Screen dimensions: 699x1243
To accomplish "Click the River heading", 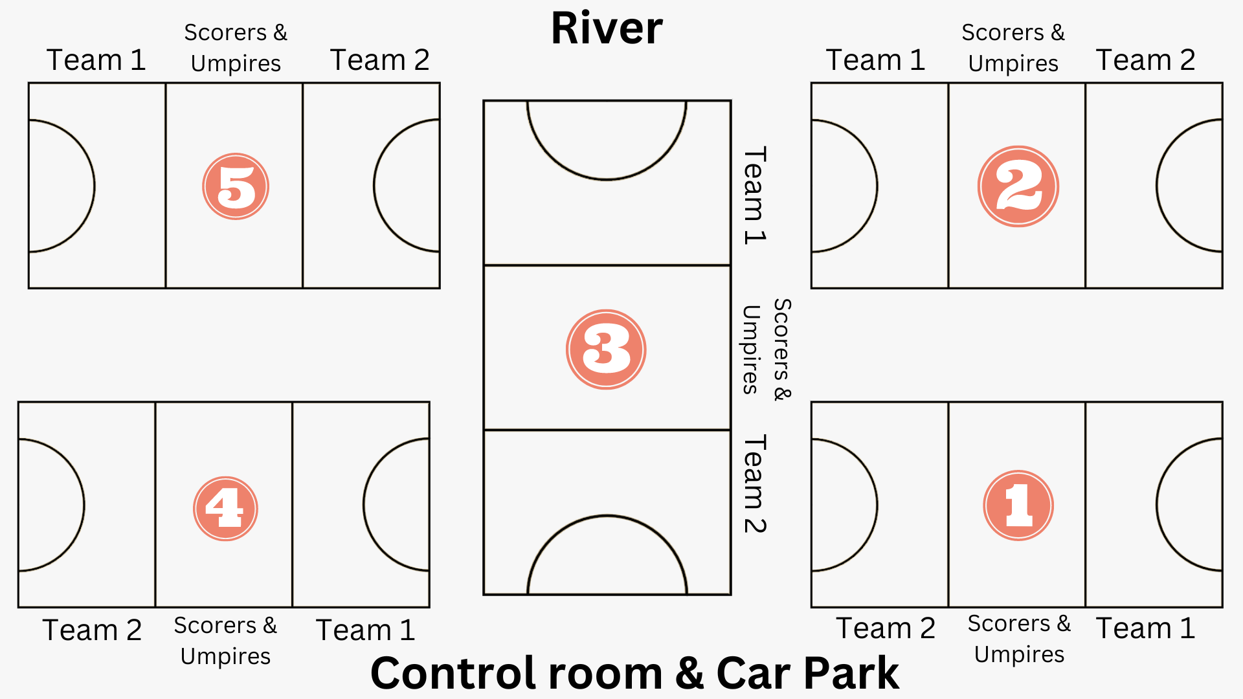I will point(607,29).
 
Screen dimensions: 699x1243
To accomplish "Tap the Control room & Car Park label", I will point(634,673).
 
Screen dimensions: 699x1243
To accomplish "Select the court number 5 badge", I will point(236,186).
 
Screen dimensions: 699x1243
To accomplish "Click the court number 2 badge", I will point(1018,186).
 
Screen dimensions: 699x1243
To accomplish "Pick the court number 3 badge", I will point(606,349).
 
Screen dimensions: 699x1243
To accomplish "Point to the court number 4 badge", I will point(225,508).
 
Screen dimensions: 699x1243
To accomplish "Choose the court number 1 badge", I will point(1018,505).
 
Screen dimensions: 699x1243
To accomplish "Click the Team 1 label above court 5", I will point(96,60).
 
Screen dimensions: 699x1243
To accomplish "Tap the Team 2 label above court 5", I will point(379,60).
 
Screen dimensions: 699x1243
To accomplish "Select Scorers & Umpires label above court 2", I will point(1013,48).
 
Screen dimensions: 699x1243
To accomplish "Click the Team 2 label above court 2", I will point(1145,60).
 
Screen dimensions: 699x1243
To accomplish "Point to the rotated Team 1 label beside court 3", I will point(754,195).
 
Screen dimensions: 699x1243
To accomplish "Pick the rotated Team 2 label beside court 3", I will point(754,483).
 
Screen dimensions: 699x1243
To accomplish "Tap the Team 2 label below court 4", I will point(92,630).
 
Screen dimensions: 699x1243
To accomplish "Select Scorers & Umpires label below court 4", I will point(225,641).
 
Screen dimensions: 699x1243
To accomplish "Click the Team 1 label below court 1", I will point(1145,628).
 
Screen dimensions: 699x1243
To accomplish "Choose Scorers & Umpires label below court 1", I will point(1019,639).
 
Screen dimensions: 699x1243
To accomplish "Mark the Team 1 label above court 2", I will point(875,60).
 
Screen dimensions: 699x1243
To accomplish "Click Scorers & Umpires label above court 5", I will point(236,48).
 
